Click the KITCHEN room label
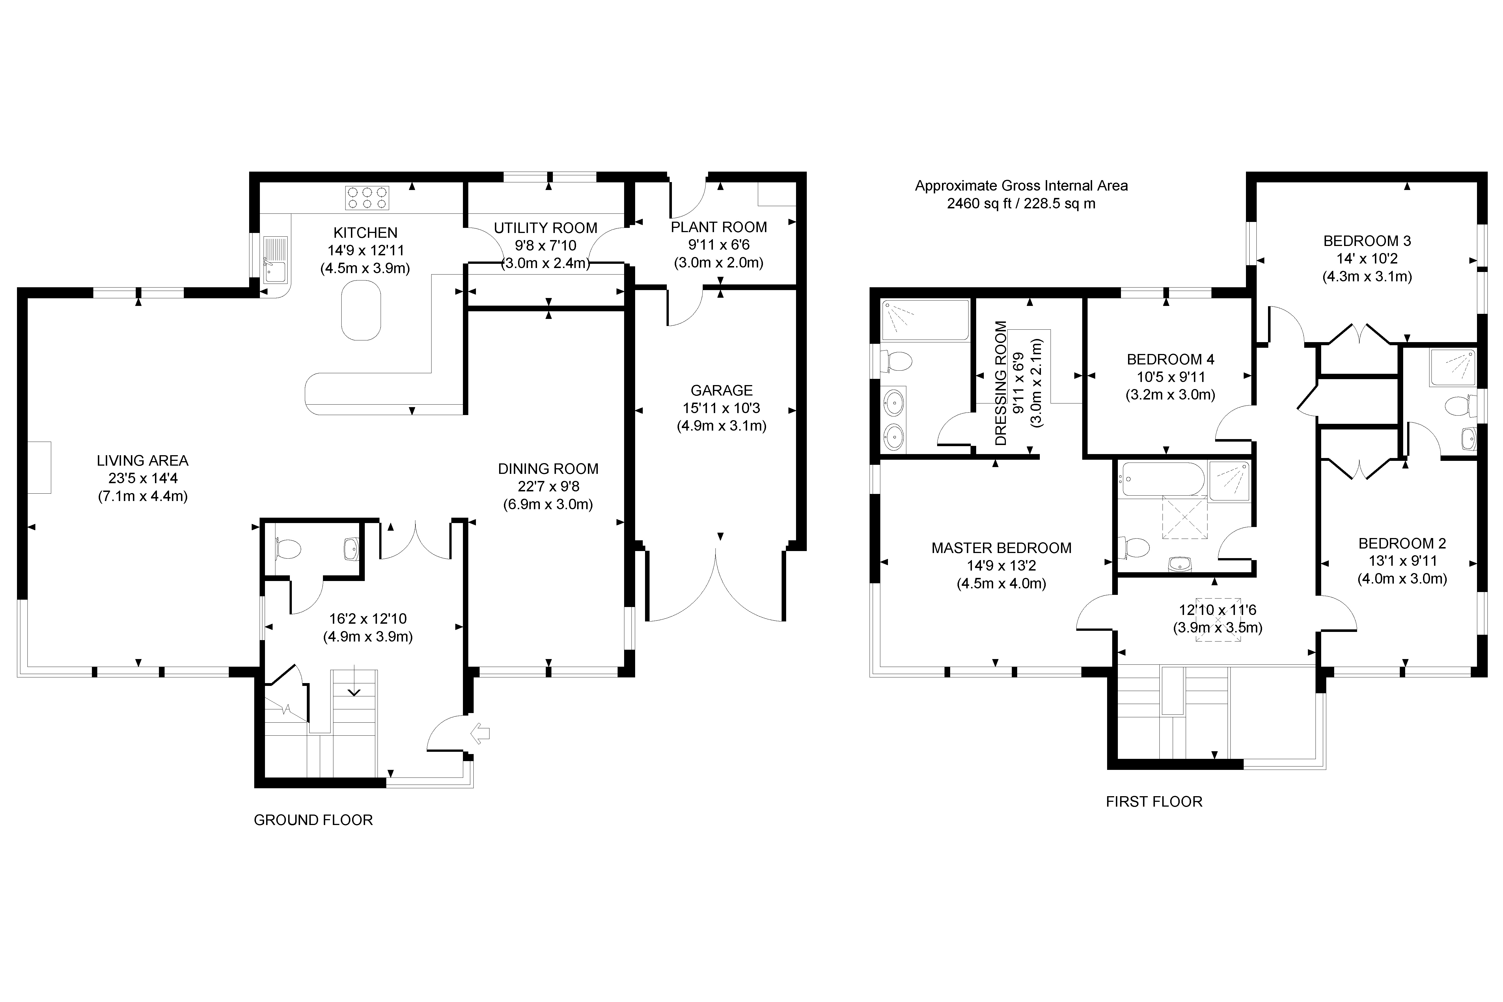coord(366,233)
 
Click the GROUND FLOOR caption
coord(313,820)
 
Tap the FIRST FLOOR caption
coord(1154,801)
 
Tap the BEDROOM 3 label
coord(1367,241)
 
